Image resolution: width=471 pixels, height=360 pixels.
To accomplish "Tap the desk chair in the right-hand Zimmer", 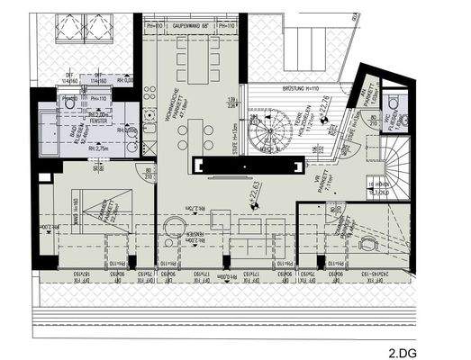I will pos(368,244).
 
